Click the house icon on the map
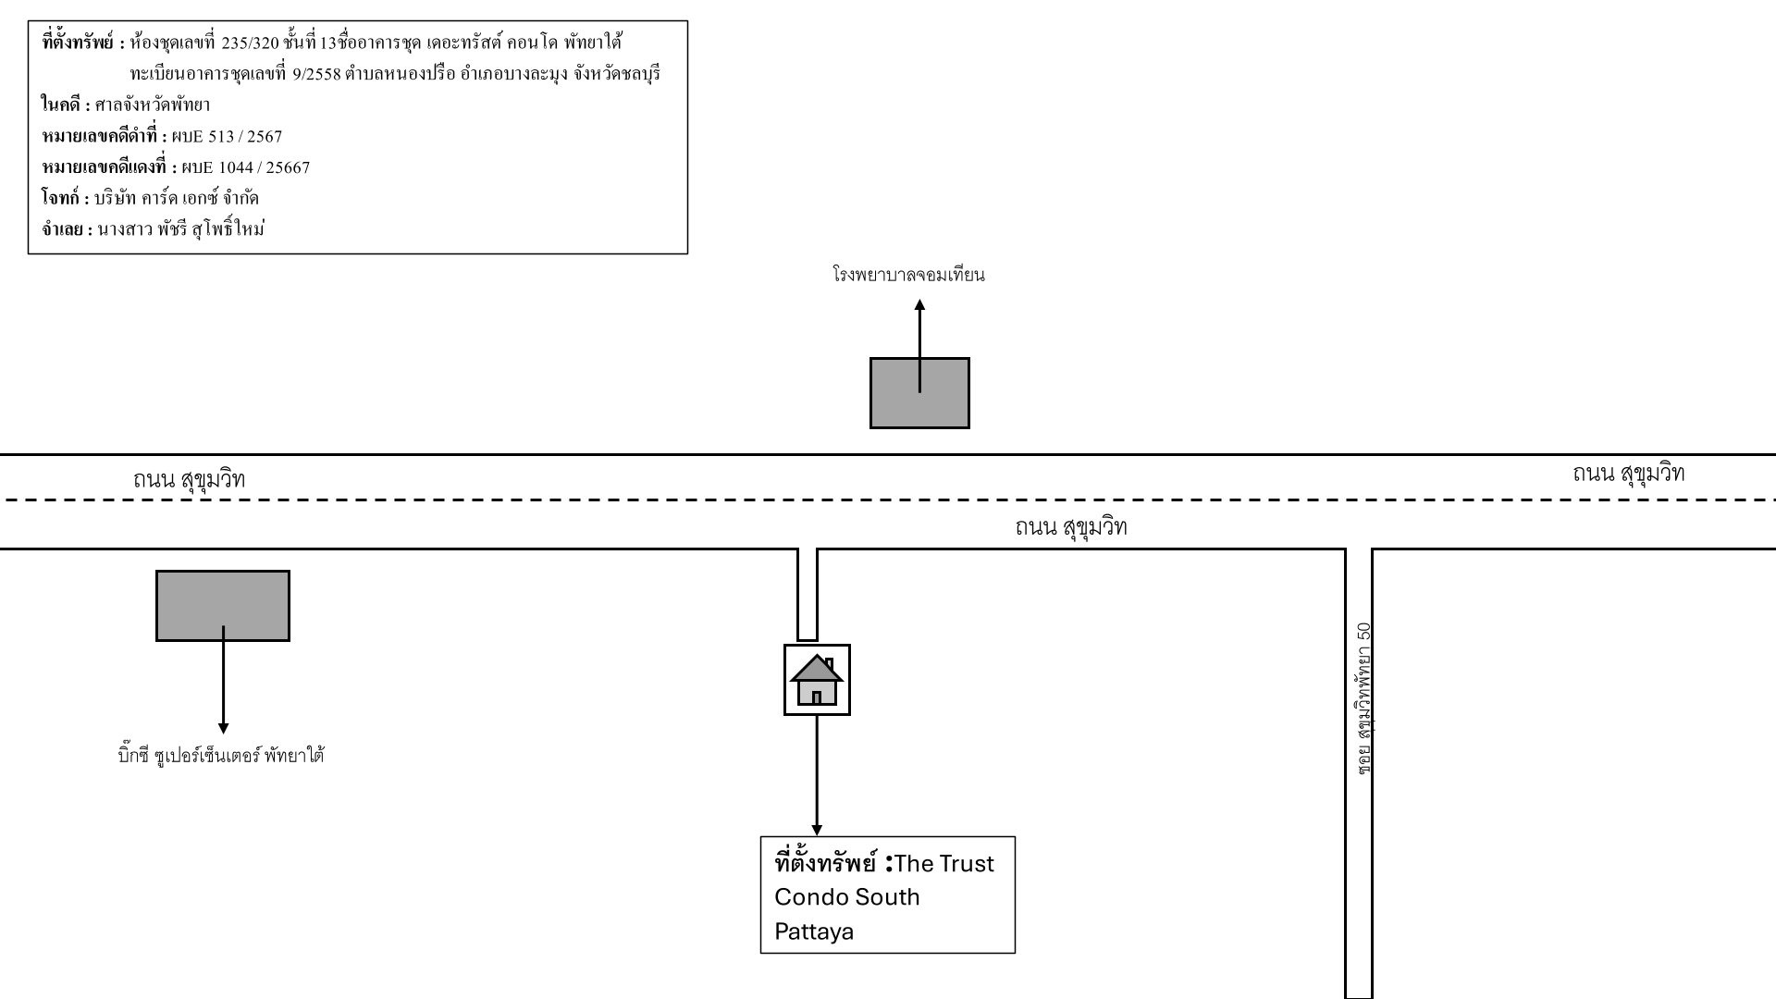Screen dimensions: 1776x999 click(817, 680)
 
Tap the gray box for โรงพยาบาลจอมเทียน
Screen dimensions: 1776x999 click(919, 393)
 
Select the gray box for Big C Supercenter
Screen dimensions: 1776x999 click(223, 606)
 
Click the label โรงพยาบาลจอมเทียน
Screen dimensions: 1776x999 click(908, 275)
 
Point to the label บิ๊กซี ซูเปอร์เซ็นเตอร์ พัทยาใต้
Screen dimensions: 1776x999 click(222, 756)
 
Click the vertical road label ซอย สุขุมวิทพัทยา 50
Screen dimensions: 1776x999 click(1363, 698)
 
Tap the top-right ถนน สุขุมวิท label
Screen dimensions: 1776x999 click(1628, 474)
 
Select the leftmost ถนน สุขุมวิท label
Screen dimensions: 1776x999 click(189, 479)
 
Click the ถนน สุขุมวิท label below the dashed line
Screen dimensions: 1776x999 click(1071, 527)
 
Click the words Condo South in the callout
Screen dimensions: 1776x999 click(847, 897)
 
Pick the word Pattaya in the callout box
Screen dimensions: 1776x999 click(814, 931)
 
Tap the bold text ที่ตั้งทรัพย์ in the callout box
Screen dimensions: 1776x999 click(825, 862)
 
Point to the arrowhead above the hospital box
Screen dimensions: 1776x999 click(919, 304)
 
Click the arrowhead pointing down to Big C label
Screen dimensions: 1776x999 click(223, 729)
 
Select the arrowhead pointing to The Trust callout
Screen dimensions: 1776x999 click(817, 830)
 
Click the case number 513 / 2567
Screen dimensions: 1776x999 click(245, 137)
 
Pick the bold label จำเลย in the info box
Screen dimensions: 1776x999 click(63, 230)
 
